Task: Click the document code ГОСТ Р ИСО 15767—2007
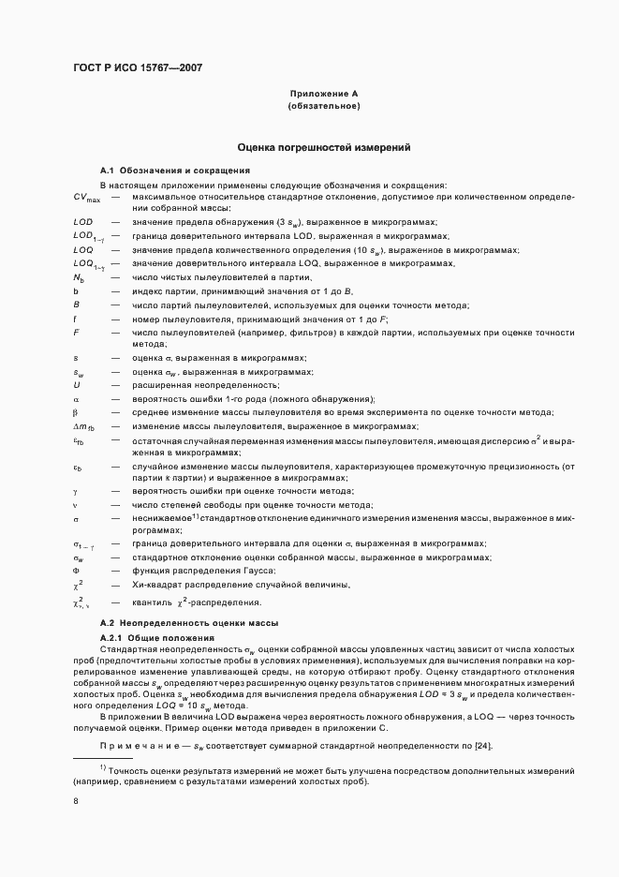click(x=138, y=67)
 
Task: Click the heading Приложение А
click(x=323, y=94)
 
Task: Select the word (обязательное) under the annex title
click(x=323, y=107)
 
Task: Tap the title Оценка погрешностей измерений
click(x=323, y=148)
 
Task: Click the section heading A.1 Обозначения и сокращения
click(x=175, y=171)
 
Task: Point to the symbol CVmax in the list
click(x=86, y=198)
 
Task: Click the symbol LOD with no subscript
click(x=82, y=222)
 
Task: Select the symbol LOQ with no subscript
click(x=82, y=250)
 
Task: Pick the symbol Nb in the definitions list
click(x=79, y=278)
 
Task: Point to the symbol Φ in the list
click(x=76, y=571)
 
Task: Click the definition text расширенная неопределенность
click(x=192, y=385)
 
